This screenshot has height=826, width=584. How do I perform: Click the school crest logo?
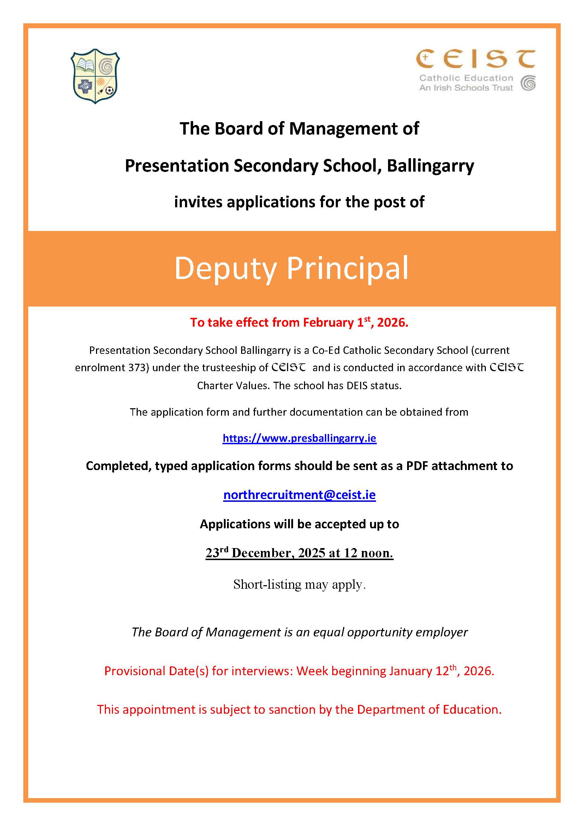tap(95, 76)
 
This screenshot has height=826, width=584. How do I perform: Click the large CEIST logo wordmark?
tap(475, 59)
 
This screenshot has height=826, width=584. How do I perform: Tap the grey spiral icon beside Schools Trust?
tap(528, 83)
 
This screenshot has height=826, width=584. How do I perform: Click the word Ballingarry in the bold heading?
tap(430, 166)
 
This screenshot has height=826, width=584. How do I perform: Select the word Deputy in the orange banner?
tap(225, 269)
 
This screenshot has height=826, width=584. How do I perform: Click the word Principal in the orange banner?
tap(347, 269)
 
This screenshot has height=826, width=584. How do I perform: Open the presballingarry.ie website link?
tap(299, 438)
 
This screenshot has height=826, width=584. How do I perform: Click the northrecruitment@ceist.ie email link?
tap(299, 495)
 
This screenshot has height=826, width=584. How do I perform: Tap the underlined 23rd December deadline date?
tap(299, 553)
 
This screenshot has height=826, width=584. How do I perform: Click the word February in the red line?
tap(328, 322)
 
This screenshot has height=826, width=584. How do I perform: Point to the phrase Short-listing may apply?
tap(299, 584)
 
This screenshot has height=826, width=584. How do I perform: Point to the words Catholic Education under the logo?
tap(466, 78)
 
